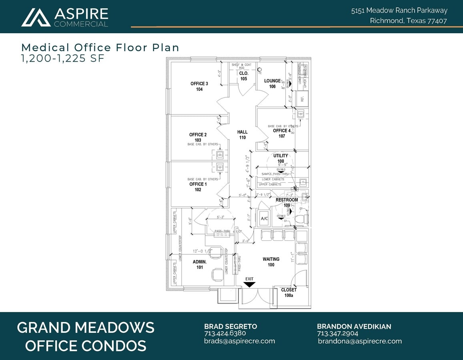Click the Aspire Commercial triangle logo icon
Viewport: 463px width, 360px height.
coord(36,17)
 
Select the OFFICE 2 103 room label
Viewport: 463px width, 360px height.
coord(198,137)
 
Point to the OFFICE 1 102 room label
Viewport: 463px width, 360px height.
coord(198,187)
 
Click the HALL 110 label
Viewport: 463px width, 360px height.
coord(242,134)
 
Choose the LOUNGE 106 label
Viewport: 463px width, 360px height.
coord(273,84)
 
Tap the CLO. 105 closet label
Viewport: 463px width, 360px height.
coord(244,76)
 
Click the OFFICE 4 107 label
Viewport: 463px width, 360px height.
coord(282,133)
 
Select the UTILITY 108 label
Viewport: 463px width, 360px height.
coord(281,158)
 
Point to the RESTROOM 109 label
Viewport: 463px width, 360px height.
coord(287,202)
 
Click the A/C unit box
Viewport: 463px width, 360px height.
coord(264,219)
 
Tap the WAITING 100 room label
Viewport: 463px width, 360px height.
coord(271,262)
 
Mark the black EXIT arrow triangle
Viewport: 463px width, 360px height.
coord(249,284)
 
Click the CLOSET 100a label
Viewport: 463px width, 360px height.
coord(289,292)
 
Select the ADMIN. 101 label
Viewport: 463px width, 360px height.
coord(200,264)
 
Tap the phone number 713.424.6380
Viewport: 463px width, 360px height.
coord(225,333)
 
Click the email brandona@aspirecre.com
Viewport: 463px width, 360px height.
coord(360,341)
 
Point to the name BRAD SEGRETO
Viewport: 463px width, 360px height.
coord(230,326)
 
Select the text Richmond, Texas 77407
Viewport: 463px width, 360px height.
coord(408,21)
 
